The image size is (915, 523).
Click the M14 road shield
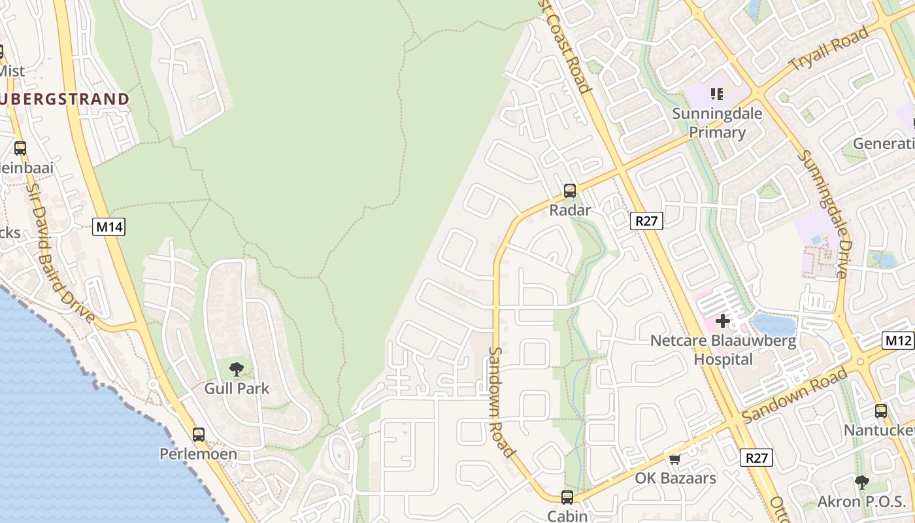(109, 227)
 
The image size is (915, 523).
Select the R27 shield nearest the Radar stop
(646, 221)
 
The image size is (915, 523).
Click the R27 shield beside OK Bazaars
(756, 458)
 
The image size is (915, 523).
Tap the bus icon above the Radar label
(570, 191)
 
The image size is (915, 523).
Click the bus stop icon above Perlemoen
(198, 434)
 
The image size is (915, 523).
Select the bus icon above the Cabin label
(567, 497)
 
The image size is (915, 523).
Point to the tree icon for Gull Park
(237, 369)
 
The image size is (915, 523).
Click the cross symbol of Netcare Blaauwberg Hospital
(723, 321)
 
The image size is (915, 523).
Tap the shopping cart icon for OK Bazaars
(674, 459)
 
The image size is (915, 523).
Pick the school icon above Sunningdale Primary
(717, 94)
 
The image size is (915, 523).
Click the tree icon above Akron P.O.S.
(861, 482)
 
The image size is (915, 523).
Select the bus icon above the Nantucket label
(881, 411)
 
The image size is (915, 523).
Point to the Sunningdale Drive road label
(824, 213)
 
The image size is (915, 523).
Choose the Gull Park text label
(237, 388)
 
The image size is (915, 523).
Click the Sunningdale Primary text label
(717, 123)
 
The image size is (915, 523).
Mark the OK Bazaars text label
(676, 478)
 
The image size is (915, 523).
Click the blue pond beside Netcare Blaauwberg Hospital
(774, 324)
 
